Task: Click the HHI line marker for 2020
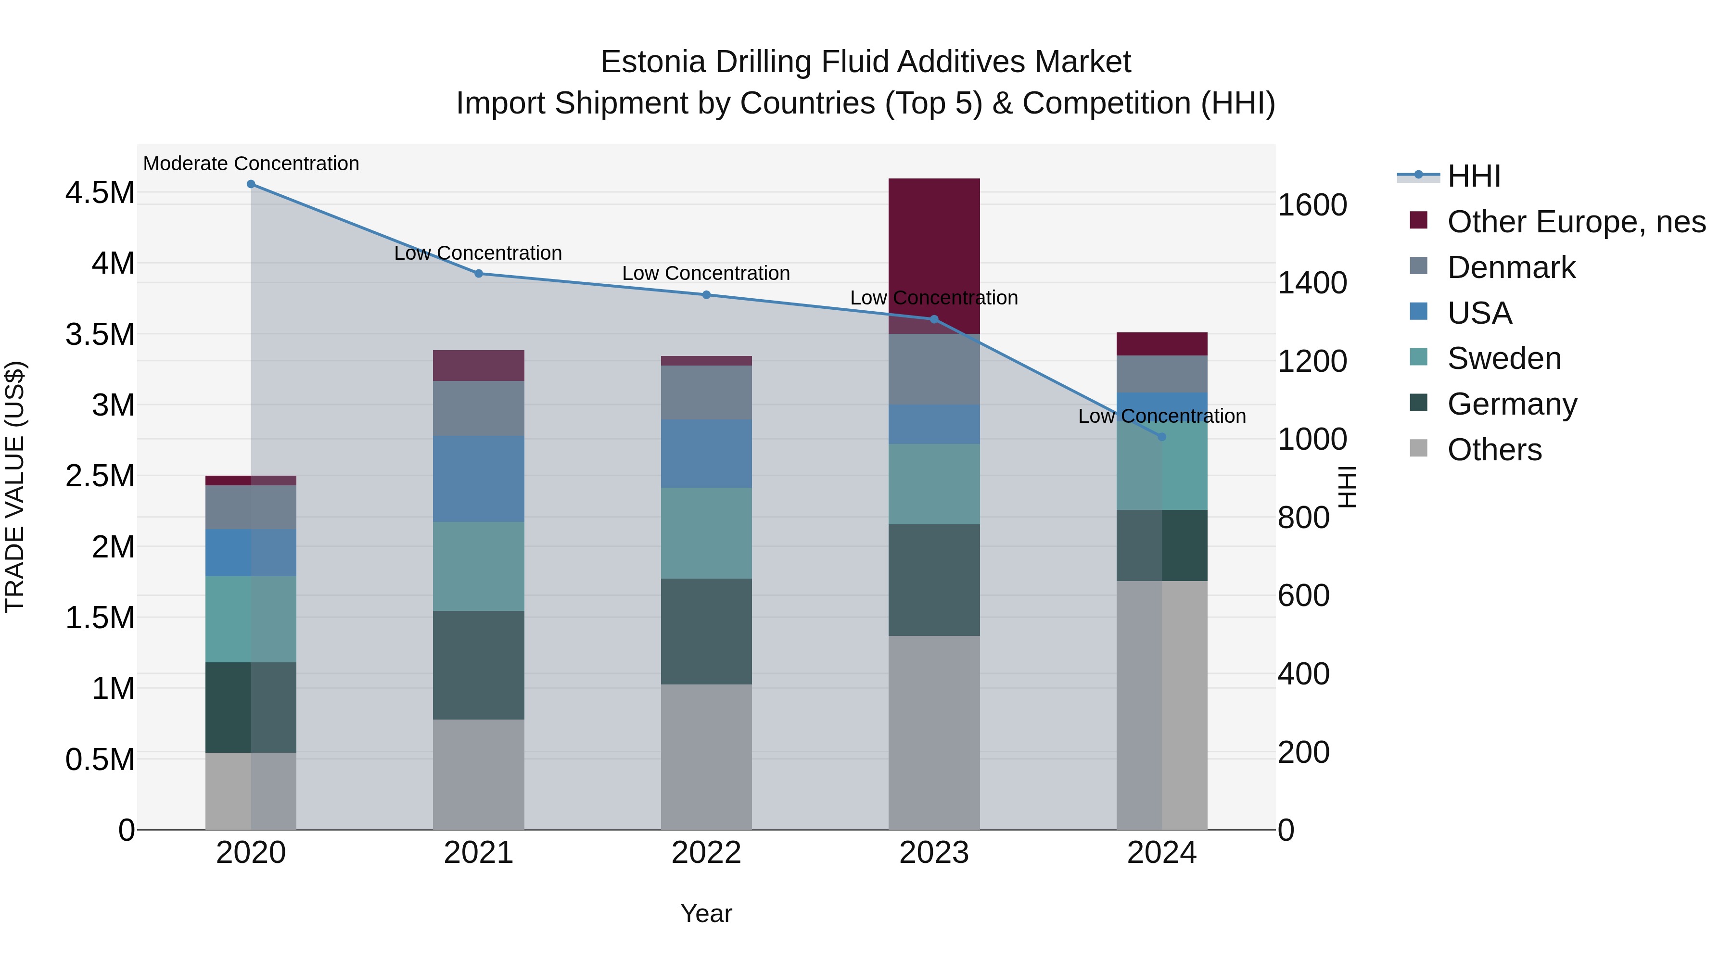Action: click(251, 184)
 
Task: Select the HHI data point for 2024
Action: click(1162, 437)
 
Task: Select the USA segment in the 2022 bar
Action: click(706, 454)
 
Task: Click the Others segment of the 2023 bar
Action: click(934, 732)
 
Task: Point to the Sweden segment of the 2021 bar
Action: click(478, 566)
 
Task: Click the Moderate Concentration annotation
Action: click(251, 164)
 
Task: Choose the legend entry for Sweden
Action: click(1503, 358)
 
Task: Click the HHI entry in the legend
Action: click(1473, 176)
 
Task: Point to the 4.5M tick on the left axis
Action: click(100, 193)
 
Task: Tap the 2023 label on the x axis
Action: click(934, 853)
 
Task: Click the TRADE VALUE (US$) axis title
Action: click(15, 487)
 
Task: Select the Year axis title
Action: click(706, 913)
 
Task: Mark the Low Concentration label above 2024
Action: click(1162, 416)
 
